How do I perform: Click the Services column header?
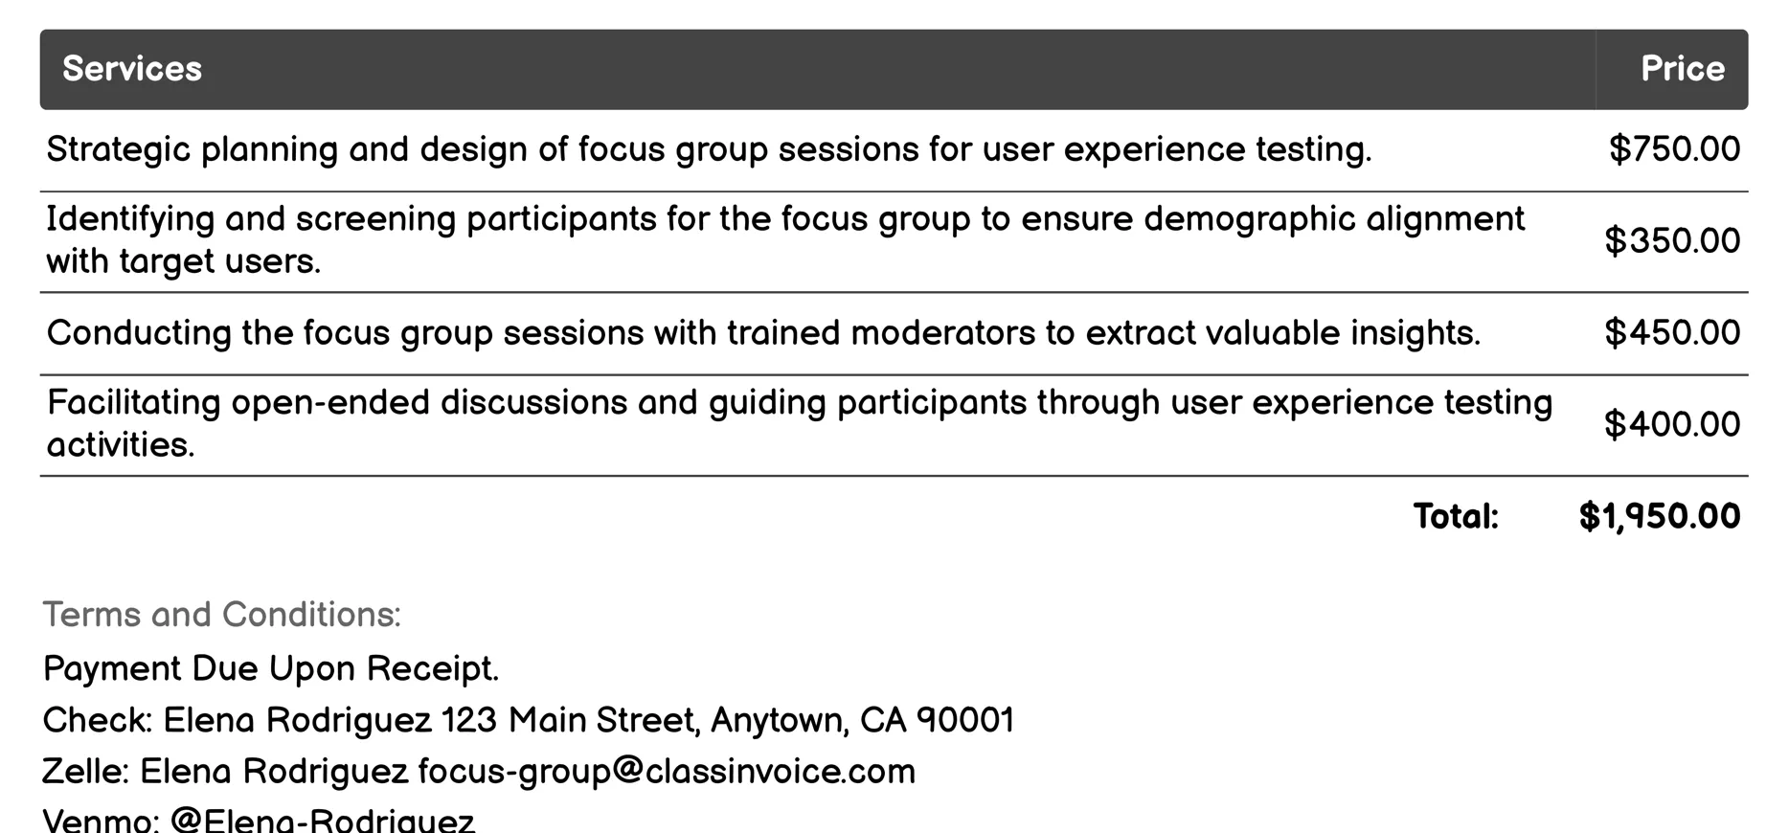pyautogui.click(x=132, y=69)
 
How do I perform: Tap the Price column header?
pyautogui.click(x=1682, y=69)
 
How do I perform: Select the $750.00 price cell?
pyautogui.click(x=1674, y=149)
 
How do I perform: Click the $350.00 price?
pyautogui.click(x=1672, y=240)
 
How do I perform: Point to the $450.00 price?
pyautogui.click(x=1672, y=333)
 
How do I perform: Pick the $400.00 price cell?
pyautogui.click(x=1672, y=424)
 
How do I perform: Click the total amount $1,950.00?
pyautogui.click(x=1659, y=517)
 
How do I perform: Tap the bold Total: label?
pyautogui.click(x=1456, y=517)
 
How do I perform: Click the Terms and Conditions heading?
pyautogui.click(x=221, y=615)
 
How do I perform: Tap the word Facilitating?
pyautogui.click(x=133, y=403)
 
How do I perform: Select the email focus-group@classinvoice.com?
pyautogui.click(x=667, y=772)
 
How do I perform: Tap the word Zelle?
pyautogui.click(x=83, y=772)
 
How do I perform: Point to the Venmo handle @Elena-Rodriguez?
pyautogui.click(x=322, y=821)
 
